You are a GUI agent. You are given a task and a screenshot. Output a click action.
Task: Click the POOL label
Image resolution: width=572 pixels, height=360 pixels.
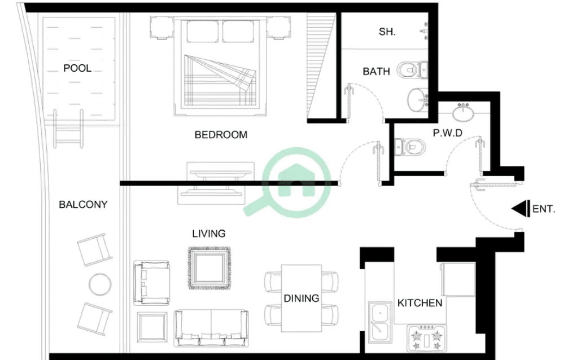77,68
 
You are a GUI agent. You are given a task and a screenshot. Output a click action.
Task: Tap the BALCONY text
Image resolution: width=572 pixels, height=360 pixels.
83,204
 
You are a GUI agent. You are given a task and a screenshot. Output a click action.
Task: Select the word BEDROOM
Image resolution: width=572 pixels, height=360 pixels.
221,135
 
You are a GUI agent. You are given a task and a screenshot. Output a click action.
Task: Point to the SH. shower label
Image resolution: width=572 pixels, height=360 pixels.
387,32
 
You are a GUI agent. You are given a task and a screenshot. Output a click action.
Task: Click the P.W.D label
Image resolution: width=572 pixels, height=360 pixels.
448,133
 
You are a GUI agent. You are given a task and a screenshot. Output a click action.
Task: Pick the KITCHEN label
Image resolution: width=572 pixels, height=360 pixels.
420,303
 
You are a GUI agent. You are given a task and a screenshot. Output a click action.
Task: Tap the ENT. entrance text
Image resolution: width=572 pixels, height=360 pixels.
544,209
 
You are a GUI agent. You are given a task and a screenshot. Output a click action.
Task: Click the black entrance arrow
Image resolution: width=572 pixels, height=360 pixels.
521,209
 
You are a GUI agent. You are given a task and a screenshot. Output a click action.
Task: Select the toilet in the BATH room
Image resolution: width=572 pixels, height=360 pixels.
412,69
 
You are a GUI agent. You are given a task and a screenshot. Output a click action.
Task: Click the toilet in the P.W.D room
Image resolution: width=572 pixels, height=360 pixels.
411,147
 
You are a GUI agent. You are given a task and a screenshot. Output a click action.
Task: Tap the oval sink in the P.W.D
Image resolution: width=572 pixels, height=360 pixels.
463,112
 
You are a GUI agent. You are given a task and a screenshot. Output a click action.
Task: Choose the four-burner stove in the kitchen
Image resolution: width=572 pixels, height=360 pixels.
426,338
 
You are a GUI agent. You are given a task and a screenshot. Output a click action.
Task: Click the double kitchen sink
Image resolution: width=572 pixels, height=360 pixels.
380,322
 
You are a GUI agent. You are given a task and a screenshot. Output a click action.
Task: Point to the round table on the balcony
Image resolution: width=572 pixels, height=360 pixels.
100,284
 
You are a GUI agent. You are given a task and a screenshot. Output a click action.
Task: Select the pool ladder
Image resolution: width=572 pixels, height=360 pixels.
68,129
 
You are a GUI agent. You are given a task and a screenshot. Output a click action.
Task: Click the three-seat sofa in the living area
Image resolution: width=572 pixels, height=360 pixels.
211,328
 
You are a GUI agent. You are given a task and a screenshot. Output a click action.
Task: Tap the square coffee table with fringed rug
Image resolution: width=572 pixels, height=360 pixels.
209,268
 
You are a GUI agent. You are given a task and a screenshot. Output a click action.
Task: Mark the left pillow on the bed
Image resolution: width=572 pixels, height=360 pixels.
203,31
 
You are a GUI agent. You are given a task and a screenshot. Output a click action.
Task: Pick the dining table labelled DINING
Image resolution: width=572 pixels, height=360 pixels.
302,298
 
